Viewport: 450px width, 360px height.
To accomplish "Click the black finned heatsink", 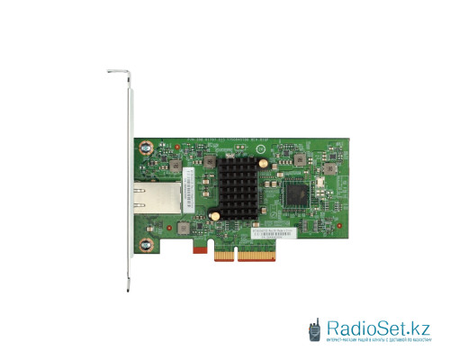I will click(237, 189).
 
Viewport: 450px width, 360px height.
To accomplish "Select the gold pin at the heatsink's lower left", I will click(216, 215).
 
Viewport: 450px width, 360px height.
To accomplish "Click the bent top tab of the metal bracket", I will click(118, 70).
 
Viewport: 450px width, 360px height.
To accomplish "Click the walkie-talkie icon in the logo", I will click(315, 329).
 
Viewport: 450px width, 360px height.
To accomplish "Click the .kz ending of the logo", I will click(418, 327).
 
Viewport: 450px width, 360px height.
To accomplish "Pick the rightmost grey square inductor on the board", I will click(331, 167).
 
